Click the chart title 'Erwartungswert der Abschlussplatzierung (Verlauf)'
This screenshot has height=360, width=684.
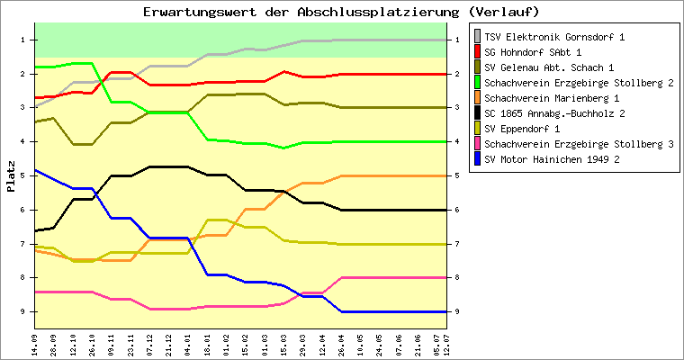coord(341,12)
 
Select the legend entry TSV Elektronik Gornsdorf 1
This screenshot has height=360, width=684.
coord(554,37)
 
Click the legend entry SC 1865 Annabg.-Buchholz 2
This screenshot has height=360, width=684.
coord(554,113)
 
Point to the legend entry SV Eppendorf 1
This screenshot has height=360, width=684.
coord(529,129)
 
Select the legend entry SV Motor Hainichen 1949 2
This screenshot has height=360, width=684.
coord(553,159)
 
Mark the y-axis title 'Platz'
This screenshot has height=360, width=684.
coord(11,175)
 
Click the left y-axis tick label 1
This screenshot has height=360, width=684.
coord(22,40)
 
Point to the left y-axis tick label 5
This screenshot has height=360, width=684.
coord(22,175)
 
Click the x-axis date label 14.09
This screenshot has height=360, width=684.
coord(35,342)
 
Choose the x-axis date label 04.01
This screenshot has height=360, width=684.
coord(187,342)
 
